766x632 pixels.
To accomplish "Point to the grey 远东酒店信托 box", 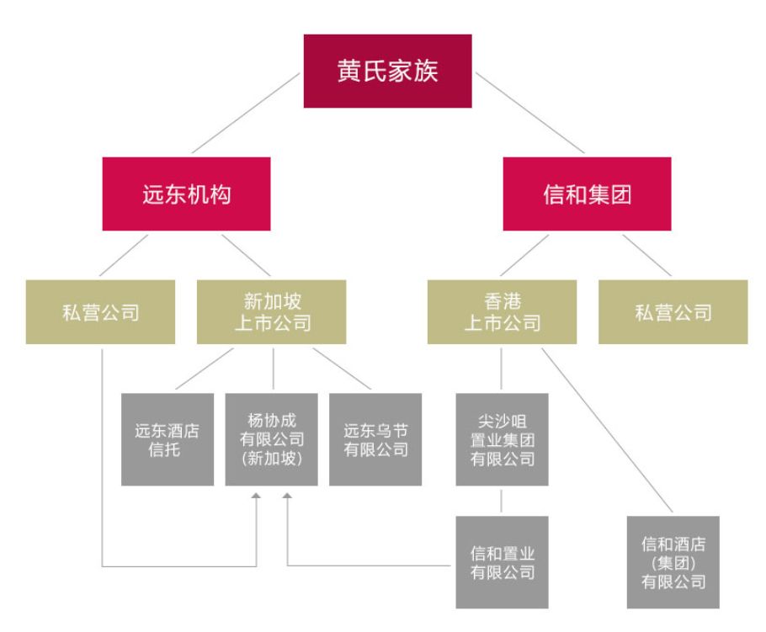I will tap(168, 439).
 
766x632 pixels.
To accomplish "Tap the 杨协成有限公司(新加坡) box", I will tap(272, 439).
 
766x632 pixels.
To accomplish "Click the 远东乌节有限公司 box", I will tap(375, 439).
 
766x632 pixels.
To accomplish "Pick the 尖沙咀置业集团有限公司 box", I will tap(502, 439).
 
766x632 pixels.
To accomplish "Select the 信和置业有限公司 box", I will tap(502, 561).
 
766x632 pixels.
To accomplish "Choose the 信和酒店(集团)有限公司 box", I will tap(673, 561).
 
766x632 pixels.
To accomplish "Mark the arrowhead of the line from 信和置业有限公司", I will tap(287, 500).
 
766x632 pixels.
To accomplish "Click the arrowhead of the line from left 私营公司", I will tap(256, 500).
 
